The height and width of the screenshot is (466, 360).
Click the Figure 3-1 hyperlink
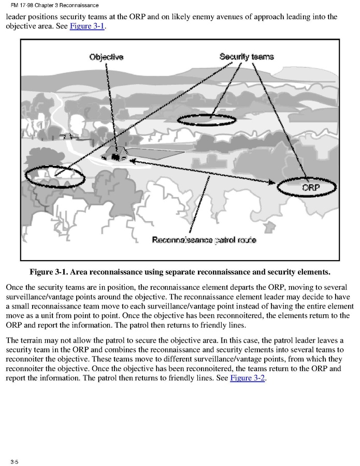(x=87, y=26)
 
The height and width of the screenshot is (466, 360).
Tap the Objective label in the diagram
(x=107, y=57)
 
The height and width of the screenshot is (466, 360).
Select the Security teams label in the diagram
(x=247, y=56)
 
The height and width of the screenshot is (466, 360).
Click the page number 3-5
(x=14, y=461)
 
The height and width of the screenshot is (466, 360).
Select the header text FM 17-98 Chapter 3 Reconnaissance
(x=54, y=5)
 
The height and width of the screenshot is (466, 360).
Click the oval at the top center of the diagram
(x=206, y=120)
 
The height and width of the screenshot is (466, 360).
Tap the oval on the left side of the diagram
(x=54, y=177)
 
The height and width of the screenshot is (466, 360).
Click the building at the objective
(x=117, y=154)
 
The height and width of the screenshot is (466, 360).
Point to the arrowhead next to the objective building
(x=133, y=161)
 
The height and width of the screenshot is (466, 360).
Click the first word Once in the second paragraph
(x=16, y=287)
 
